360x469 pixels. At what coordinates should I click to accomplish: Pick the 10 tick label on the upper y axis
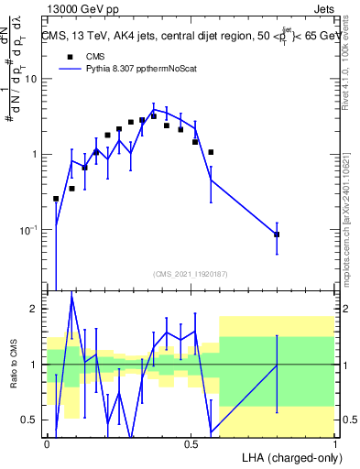point(30,79)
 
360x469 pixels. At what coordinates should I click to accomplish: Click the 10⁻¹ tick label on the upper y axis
point(27,230)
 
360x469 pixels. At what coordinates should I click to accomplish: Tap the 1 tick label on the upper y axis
point(34,155)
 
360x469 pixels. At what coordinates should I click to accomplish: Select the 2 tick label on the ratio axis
point(34,310)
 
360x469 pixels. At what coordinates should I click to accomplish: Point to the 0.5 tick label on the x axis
point(191,443)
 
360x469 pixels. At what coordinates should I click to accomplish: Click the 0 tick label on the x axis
point(47,443)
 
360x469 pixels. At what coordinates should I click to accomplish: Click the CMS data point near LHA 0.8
point(277,235)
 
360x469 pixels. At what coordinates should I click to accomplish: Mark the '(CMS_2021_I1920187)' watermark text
point(190,273)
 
